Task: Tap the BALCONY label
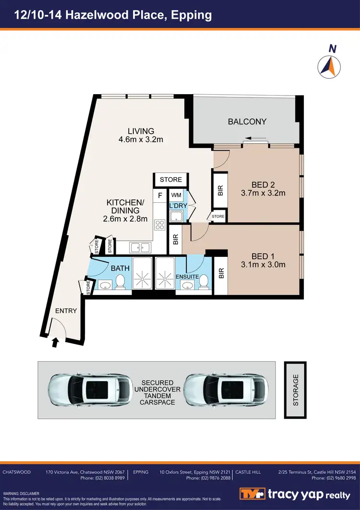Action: tap(247, 121)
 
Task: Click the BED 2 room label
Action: tap(263, 184)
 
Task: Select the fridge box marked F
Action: tap(160, 196)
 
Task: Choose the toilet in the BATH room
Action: tap(121, 281)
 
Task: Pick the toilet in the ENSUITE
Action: tap(203, 281)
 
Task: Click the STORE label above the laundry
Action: tap(171, 180)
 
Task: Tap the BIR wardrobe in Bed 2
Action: tap(220, 191)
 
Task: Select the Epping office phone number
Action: tap(208, 478)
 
